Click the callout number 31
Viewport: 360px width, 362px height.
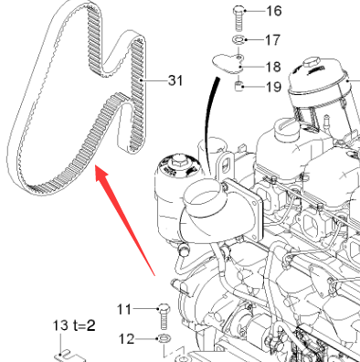[175, 80]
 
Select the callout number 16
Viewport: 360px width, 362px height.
[274, 11]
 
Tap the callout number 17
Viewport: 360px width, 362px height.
[272, 40]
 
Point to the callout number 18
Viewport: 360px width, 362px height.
[273, 67]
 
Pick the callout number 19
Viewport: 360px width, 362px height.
[273, 87]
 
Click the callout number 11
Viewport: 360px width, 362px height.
[124, 309]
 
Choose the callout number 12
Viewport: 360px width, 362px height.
[126, 338]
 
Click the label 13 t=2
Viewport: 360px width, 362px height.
[74, 325]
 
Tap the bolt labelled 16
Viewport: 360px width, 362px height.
[238, 18]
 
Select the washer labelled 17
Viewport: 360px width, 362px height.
[238, 39]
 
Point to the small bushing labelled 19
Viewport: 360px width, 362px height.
[238, 86]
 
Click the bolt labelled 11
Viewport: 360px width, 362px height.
[164, 316]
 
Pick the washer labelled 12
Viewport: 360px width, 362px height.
[164, 338]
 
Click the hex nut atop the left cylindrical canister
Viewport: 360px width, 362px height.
[177, 161]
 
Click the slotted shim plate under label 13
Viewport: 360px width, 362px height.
[69, 357]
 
